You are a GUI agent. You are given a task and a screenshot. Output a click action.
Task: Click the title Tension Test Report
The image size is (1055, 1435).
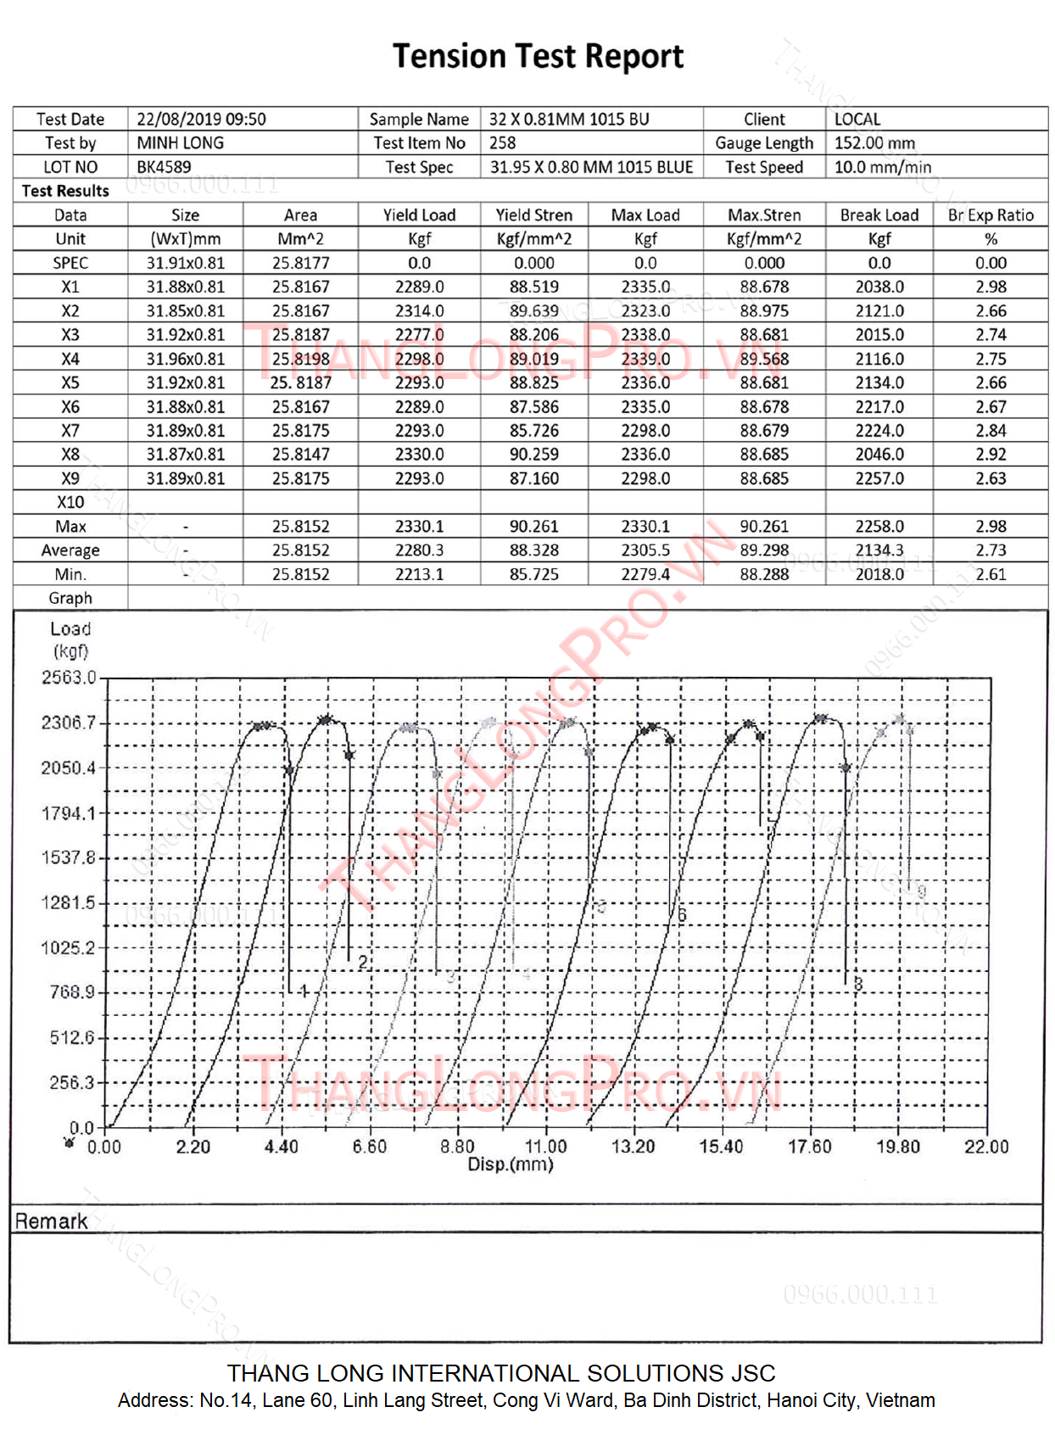(x=538, y=57)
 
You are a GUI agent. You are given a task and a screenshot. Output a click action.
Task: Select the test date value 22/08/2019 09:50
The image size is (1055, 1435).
(x=201, y=120)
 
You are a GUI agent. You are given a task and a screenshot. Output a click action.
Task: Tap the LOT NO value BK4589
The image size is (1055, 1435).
(x=164, y=167)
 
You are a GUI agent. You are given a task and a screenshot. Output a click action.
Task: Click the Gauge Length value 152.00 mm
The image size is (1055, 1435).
(x=874, y=143)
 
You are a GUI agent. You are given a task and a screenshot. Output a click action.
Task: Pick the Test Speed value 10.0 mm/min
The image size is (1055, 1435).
(x=882, y=167)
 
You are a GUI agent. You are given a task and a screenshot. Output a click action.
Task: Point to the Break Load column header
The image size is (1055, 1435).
(x=879, y=215)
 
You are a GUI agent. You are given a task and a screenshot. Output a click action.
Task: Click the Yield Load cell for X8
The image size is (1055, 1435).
(x=419, y=455)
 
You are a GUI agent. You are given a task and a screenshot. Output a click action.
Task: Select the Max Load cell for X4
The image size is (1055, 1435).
(x=645, y=359)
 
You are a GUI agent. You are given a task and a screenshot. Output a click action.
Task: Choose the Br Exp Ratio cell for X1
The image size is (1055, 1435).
(x=990, y=287)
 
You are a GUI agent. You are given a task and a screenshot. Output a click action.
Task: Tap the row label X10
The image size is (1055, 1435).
(x=70, y=502)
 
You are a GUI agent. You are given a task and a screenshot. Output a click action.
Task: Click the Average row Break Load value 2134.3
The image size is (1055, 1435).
(x=879, y=550)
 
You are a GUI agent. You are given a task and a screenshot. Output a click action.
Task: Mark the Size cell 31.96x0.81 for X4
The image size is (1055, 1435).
(x=186, y=359)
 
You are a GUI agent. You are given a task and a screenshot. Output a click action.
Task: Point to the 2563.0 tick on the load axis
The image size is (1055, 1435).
(x=69, y=678)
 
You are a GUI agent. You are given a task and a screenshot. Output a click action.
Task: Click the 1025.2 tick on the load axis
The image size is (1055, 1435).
(x=69, y=947)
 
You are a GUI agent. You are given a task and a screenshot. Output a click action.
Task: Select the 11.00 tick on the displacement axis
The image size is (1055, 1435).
(x=545, y=1147)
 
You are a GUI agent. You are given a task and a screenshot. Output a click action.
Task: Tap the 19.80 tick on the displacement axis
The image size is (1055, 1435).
(x=897, y=1147)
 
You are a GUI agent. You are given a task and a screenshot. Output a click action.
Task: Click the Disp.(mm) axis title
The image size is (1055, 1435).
(x=510, y=1164)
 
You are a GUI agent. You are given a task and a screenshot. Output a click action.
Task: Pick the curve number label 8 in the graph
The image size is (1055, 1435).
(x=858, y=984)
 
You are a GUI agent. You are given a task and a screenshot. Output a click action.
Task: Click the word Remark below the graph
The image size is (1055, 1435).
(x=51, y=1221)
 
